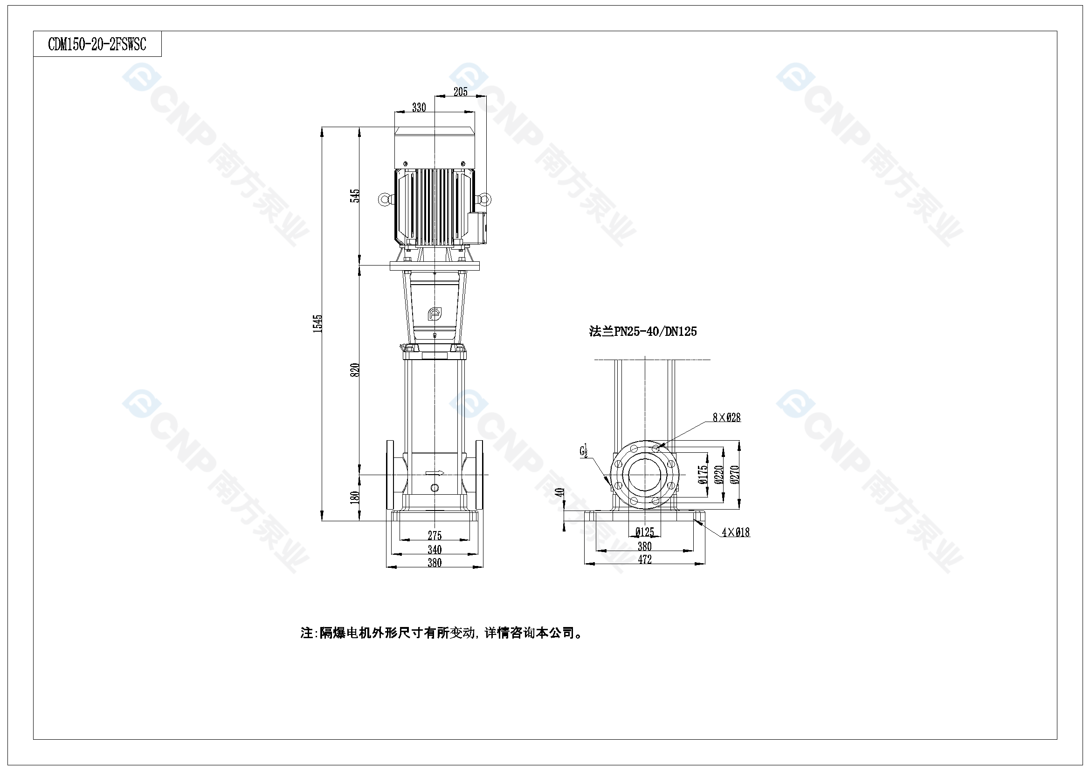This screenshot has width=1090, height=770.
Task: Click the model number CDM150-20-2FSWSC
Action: [97, 45]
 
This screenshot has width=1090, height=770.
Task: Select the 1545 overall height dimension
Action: [317, 324]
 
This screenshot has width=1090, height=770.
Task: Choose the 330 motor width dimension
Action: [419, 108]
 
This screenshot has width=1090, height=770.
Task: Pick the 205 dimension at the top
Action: [460, 92]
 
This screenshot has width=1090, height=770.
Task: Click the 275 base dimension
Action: [435, 536]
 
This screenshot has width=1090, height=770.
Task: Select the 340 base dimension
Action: [435, 550]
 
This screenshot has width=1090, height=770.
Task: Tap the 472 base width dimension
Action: [644, 560]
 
